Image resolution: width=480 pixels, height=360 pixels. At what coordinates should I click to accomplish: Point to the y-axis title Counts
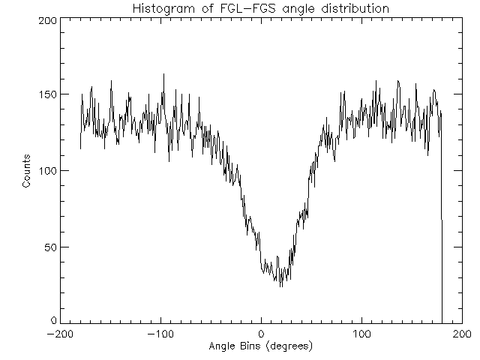(x=27, y=171)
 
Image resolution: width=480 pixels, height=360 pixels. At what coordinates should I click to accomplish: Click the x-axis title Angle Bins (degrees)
(x=260, y=346)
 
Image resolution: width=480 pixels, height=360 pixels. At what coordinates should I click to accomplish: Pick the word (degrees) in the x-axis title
(x=288, y=346)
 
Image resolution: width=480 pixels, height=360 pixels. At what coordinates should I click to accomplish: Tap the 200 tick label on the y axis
(x=46, y=20)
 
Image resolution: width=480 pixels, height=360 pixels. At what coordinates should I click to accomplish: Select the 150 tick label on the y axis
(x=46, y=95)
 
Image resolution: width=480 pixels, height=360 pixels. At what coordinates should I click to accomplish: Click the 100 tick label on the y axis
(x=46, y=171)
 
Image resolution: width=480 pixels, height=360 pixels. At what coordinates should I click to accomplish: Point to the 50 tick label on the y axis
(x=49, y=247)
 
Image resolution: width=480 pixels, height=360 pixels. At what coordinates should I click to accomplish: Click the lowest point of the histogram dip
(x=281, y=286)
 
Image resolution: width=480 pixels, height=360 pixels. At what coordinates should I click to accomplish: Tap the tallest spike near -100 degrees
(x=163, y=74)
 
